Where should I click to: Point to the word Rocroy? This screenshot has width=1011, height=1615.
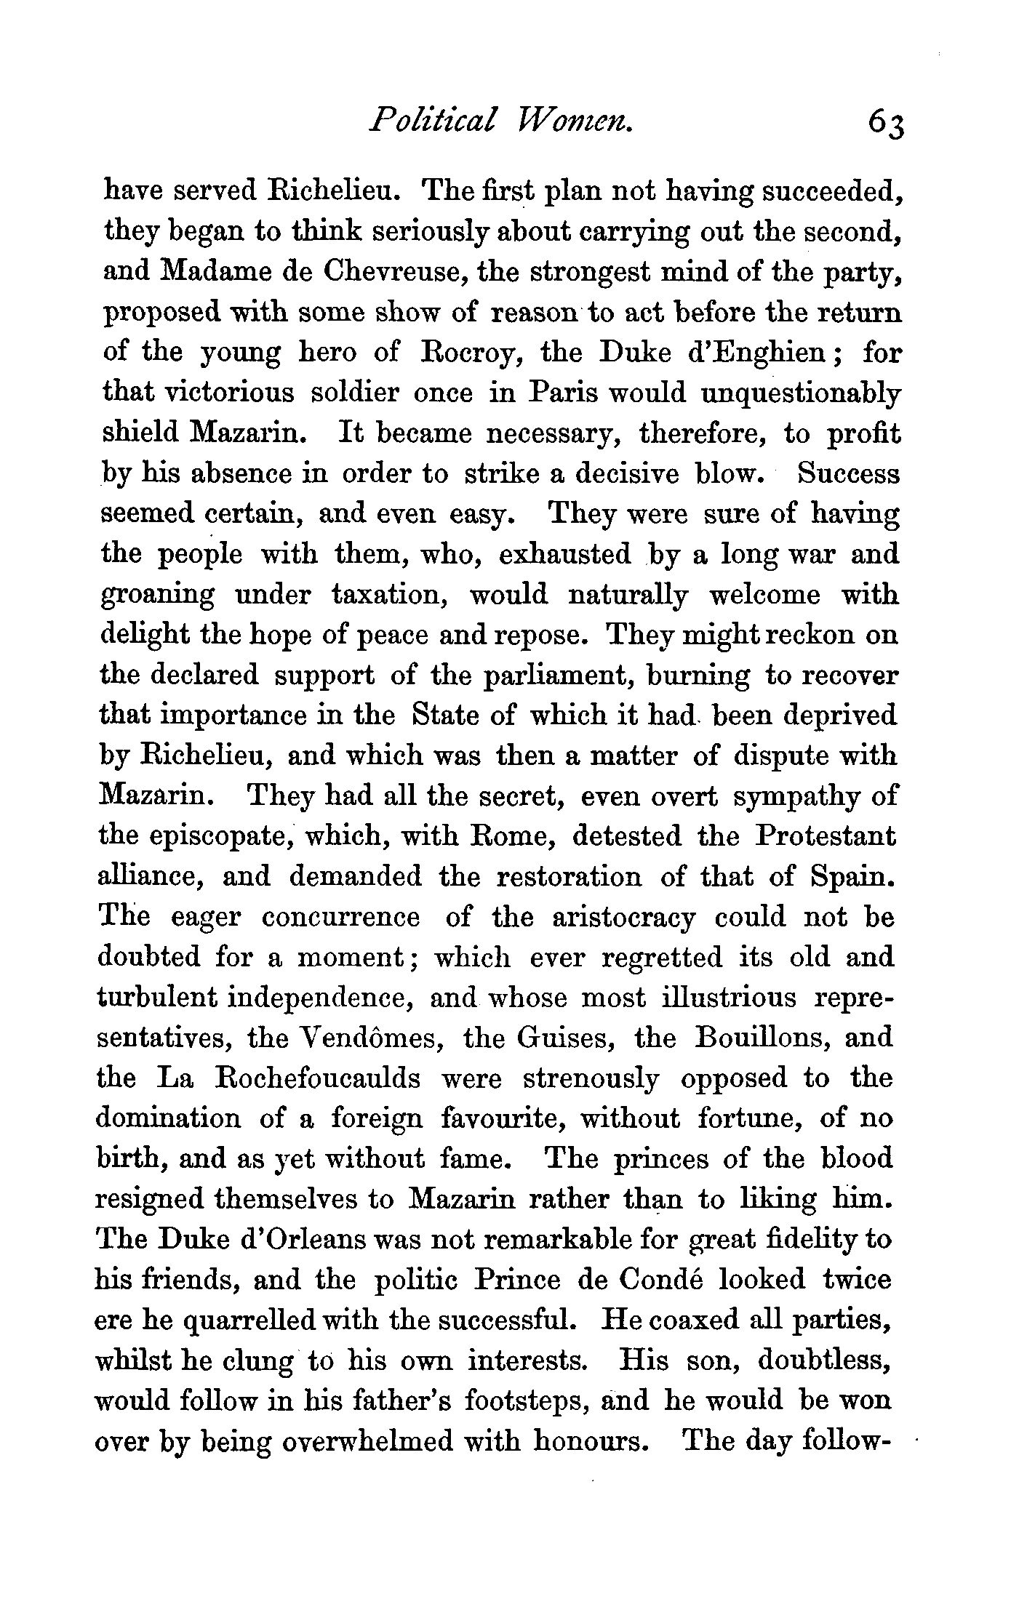(475, 353)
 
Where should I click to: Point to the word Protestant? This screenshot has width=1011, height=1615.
(826, 836)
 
